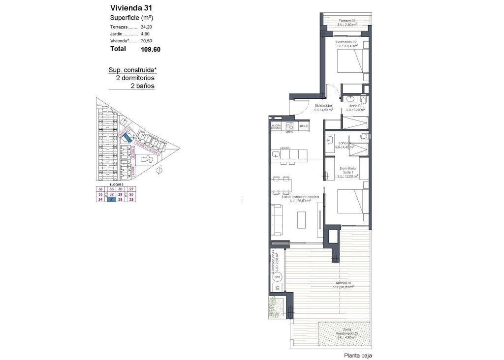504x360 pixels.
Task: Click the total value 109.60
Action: click(x=151, y=49)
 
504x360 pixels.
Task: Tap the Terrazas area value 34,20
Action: click(x=146, y=27)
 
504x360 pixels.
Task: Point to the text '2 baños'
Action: click(x=142, y=86)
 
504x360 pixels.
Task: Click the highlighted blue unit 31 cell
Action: click(x=112, y=200)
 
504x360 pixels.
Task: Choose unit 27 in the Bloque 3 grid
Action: click(x=131, y=189)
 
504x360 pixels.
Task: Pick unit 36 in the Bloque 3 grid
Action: click(x=100, y=189)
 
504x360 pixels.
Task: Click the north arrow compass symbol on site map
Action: click(x=158, y=171)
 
